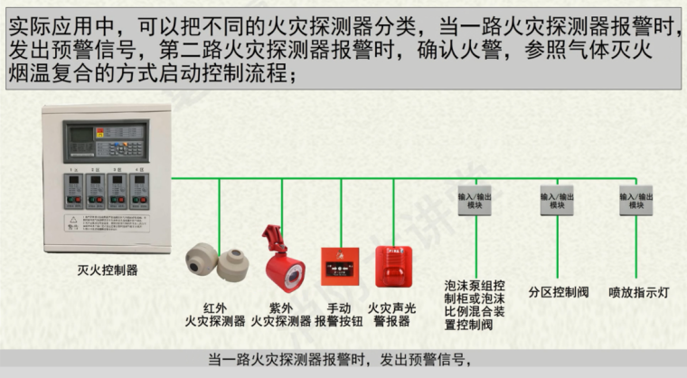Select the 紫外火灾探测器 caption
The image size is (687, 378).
pos(281,314)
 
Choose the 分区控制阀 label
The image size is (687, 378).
pos(559,292)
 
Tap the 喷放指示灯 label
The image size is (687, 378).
pos(638,292)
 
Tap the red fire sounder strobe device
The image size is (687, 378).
pos(393,262)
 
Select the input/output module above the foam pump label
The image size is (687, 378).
pos(476,201)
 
